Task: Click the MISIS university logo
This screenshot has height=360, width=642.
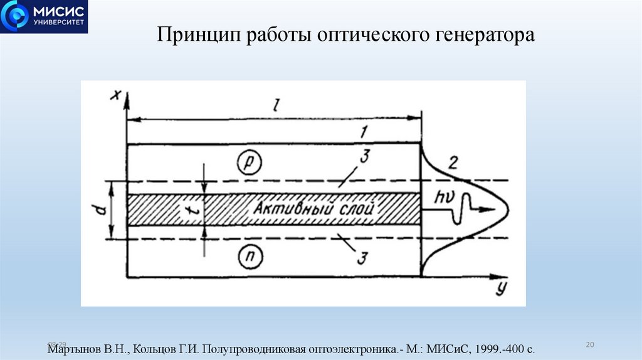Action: click(x=44, y=17)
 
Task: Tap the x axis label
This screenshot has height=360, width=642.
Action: click(x=115, y=95)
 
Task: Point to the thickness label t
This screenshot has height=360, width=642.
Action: click(x=194, y=211)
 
